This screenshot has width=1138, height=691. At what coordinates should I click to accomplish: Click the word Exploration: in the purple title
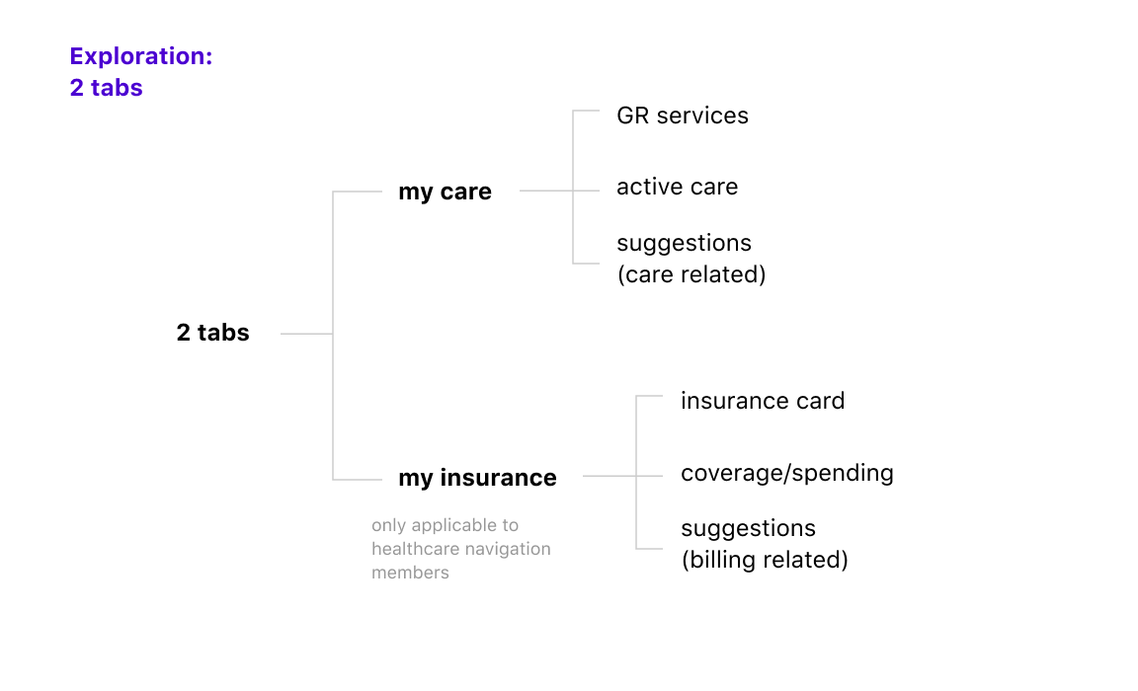141,56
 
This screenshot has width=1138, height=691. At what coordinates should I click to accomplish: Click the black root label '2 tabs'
212,333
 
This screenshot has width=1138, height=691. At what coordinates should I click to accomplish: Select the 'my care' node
445,192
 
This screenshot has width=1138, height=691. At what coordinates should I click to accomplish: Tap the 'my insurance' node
477,479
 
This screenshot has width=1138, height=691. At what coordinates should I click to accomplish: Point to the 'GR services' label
683,116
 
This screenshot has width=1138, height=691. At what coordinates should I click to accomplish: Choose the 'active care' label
677,188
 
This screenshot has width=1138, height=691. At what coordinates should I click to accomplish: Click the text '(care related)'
691,274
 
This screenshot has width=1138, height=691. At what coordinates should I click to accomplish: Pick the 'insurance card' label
763,401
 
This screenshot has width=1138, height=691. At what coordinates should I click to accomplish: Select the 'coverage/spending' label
786,474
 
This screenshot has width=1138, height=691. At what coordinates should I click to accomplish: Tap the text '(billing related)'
765,560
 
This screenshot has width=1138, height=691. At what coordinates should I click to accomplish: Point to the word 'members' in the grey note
410,573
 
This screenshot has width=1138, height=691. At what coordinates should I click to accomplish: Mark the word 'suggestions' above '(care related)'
684,244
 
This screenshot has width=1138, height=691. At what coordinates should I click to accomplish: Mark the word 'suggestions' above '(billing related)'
748,529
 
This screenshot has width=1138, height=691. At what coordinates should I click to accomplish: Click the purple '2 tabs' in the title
106,88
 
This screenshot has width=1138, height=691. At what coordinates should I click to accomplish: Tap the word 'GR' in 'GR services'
633,116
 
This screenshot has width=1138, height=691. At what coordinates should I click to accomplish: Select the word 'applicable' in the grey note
452,526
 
